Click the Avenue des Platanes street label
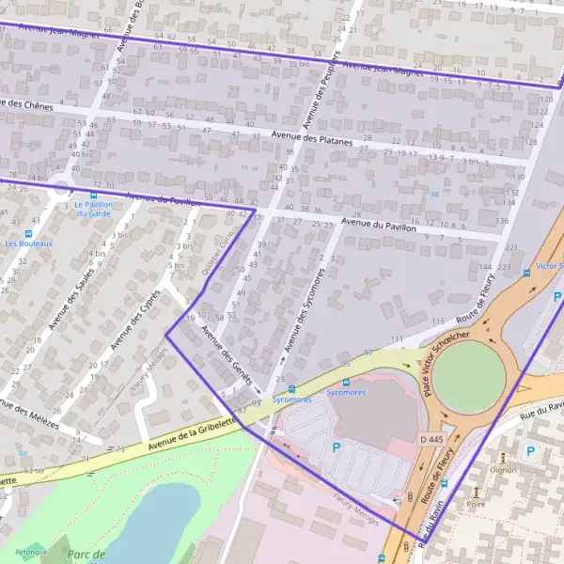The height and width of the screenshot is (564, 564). click(311, 138)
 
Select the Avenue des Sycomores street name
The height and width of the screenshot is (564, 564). click(302, 316)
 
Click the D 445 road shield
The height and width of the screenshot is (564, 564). click(431, 440)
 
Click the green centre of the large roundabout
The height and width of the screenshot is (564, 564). click(470, 375)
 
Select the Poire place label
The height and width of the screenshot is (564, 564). click(476, 503)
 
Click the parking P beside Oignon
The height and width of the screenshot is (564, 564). click(530, 452)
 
